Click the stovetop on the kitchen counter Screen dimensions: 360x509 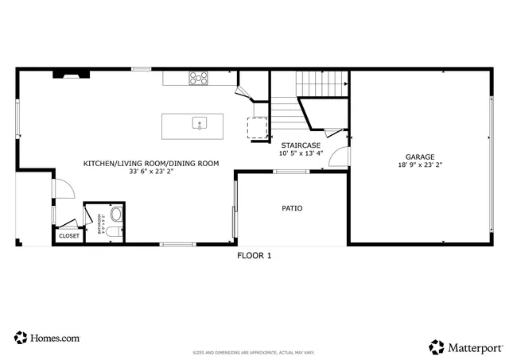tap(198, 78)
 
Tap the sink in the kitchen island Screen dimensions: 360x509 tap(199, 123)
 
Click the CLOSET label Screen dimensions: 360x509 tap(68, 236)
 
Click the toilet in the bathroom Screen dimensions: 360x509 tap(114, 232)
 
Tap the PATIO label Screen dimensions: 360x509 tap(292, 209)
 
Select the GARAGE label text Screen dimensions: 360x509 tap(419, 157)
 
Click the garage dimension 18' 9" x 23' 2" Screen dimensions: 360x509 tap(419, 165)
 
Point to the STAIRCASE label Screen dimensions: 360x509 tap(301, 145)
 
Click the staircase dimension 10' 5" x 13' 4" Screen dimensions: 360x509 tap(301, 153)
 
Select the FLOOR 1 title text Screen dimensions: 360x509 tap(254, 256)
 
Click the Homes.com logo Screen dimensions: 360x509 tap(47, 338)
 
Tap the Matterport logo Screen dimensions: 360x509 tap(466, 346)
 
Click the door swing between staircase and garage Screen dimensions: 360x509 tap(339, 155)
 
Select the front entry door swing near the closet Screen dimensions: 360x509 tap(64, 188)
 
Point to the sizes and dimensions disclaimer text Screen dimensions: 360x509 tap(254, 353)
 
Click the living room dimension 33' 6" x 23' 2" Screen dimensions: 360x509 tap(150, 171)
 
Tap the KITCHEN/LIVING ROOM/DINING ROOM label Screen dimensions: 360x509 tap(150, 163)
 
